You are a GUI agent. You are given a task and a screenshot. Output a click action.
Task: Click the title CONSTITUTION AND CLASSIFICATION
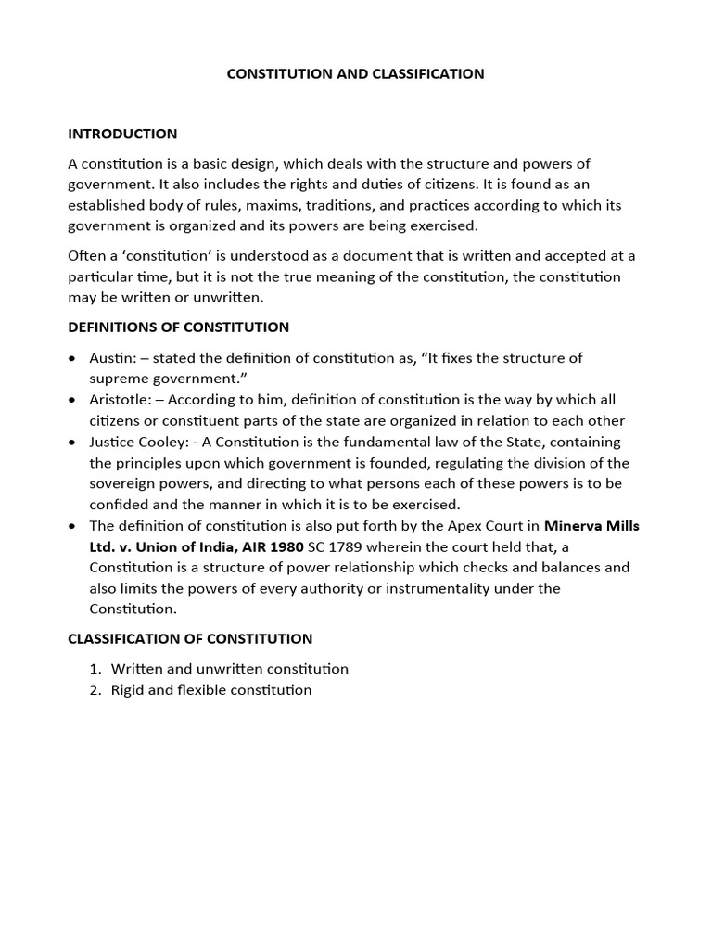356,73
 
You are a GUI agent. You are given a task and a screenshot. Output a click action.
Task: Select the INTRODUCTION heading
122,134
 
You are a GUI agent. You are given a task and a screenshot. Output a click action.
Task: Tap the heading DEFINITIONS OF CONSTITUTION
178,327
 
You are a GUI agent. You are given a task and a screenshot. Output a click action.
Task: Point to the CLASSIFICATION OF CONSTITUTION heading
190,638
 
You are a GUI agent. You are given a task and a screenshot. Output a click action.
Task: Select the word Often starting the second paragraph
88,255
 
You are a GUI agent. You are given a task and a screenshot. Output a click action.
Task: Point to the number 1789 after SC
338,546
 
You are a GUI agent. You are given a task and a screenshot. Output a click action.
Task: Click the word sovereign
125,483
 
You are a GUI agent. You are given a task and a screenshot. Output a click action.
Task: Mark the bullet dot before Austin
72,358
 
